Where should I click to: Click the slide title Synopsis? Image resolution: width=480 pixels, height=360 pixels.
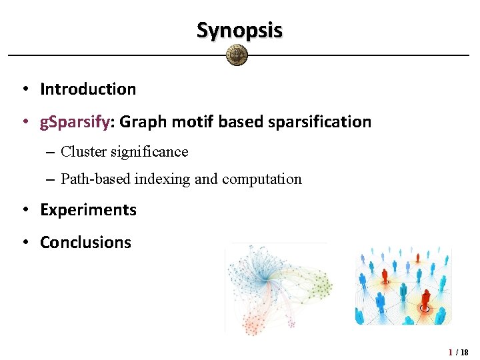click(x=239, y=30)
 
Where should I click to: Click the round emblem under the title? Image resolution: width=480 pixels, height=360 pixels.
click(x=237, y=55)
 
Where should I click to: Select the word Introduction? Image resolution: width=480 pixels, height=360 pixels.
click(x=88, y=89)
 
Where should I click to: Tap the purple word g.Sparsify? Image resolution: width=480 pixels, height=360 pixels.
click(x=74, y=122)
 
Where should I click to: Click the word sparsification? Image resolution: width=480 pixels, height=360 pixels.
click(x=322, y=122)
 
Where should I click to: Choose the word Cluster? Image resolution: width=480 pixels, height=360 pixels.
click(x=83, y=152)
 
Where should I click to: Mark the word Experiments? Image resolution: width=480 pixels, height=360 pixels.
click(x=88, y=210)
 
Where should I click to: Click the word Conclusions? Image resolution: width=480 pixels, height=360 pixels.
click(x=86, y=243)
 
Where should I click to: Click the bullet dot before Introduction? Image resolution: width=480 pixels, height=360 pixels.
click(x=23, y=89)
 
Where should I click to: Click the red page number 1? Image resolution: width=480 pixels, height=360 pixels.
click(x=451, y=352)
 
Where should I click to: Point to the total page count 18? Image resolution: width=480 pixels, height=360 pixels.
click(x=464, y=352)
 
